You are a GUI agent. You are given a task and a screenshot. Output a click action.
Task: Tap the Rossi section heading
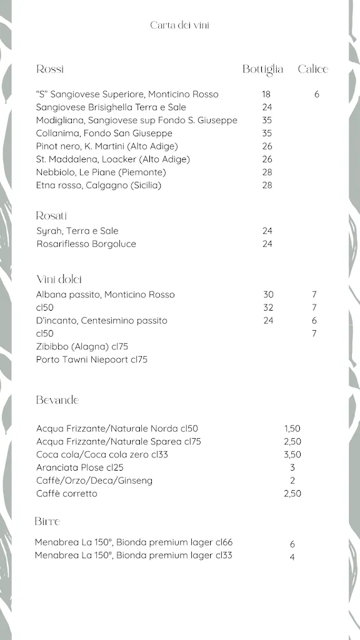(x=50, y=69)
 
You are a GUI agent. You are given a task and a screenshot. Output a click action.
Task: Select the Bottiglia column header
(x=262, y=69)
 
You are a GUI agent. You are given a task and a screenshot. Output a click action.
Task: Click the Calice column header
(x=312, y=69)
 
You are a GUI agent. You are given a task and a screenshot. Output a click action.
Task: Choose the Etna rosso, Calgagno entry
(x=99, y=185)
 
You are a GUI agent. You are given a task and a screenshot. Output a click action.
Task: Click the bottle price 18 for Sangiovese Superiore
(x=267, y=94)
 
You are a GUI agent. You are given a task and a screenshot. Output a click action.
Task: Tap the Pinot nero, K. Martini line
(x=107, y=146)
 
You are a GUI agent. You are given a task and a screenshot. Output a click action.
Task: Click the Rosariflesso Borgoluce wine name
(x=86, y=244)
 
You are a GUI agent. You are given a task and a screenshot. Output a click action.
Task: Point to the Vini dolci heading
(x=59, y=279)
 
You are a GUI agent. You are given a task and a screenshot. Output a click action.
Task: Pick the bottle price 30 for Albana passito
(x=268, y=294)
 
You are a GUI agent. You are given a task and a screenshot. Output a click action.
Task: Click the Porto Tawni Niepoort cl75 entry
(x=92, y=359)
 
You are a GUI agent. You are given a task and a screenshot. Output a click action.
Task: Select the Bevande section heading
(x=57, y=400)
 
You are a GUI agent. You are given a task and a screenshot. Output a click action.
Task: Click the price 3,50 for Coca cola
(x=292, y=454)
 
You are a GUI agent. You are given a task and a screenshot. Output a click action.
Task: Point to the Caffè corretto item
(x=67, y=494)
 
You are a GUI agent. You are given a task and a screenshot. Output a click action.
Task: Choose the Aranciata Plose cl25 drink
(x=80, y=467)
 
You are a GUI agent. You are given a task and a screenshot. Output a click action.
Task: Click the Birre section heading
(x=47, y=521)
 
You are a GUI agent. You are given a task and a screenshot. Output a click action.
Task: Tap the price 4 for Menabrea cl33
(x=292, y=557)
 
